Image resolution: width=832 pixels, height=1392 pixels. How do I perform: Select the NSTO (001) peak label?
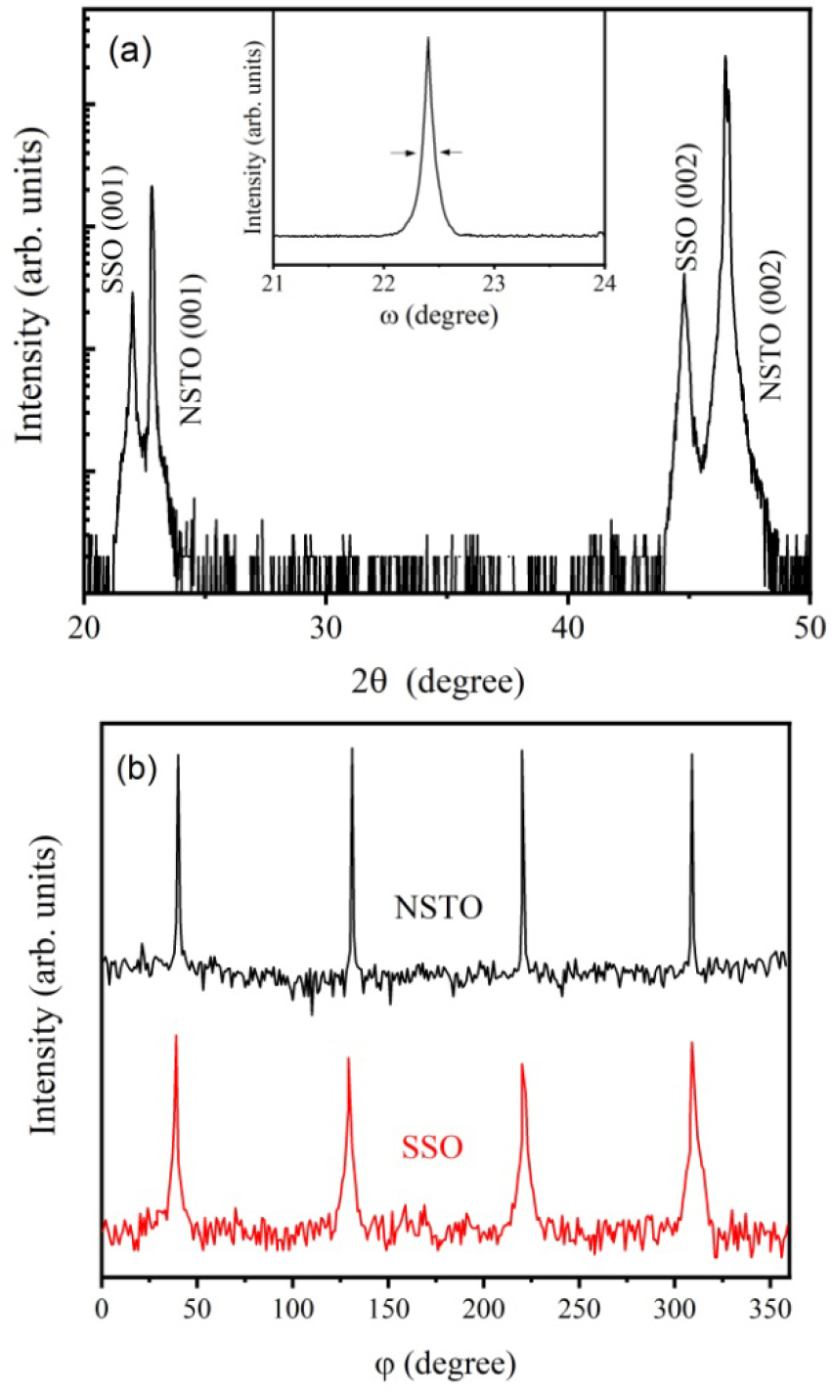point(193,348)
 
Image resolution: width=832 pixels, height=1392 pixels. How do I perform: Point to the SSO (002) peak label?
point(688,211)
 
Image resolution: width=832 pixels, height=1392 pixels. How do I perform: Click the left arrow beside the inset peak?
point(402,153)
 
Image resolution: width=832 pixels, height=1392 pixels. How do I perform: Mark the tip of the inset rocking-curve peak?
point(427,39)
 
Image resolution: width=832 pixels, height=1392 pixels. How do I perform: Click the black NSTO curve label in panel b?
point(439,908)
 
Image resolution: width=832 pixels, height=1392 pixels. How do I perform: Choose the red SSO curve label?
point(432,1146)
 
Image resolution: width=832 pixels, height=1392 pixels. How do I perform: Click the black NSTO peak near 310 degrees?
point(692,754)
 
